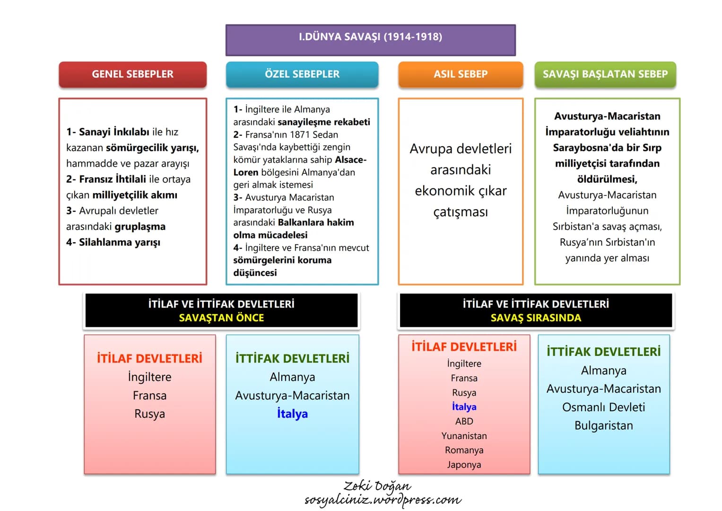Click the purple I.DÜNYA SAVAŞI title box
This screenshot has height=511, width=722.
[x=370, y=40]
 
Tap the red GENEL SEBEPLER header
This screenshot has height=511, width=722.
[x=132, y=74]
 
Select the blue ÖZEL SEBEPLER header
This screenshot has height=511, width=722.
[x=302, y=74]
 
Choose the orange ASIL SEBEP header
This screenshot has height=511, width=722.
[x=461, y=74]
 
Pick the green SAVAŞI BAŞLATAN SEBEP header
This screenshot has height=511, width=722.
[x=605, y=74]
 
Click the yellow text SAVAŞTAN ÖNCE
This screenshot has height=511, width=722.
[x=221, y=318]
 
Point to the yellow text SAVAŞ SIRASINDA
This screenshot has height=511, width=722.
[x=536, y=318]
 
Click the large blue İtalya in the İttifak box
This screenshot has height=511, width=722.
[x=292, y=414]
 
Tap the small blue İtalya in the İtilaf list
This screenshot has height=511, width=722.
[x=464, y=407]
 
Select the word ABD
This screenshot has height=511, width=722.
[x=464, y=421]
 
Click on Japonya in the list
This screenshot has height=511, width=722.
[x=464, y=465]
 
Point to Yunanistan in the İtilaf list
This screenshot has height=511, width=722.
[x=464, y=436]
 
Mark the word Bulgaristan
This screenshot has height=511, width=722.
[x=604, y=425]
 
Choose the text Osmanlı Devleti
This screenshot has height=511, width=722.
[x=604, y=407]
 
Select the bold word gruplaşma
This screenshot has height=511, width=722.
[x=140, y=227]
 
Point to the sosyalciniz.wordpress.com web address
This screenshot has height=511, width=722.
[x=383, y=500]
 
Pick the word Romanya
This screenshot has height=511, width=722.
[x=464, y=450]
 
